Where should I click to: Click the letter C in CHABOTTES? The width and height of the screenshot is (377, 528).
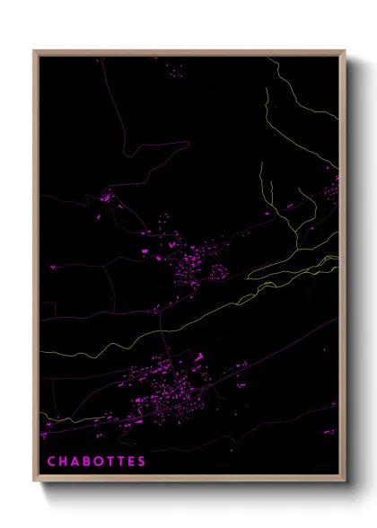[x=50, y=462]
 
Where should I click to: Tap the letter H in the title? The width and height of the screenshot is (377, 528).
[x=63, y=462]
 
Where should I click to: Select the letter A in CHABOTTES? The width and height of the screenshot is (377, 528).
[x=75, y=462]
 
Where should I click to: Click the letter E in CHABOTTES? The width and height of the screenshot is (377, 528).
[x=131, y=462]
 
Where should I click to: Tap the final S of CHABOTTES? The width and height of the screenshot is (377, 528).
[x=142, y=462]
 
